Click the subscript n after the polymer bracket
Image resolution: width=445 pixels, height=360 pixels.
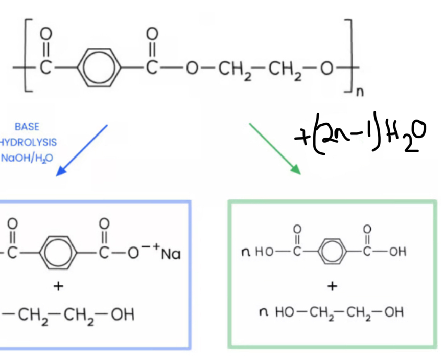click(360, 93)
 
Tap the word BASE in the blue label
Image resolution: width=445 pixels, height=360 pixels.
click(27, 127)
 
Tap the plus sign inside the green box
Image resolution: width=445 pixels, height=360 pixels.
click(332, 286)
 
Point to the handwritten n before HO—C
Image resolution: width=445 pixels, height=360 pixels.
click(247, 251)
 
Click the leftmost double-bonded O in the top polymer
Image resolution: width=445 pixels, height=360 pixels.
click(45, 34)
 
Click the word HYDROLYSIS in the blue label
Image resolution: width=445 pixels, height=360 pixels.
click(29, 142)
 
